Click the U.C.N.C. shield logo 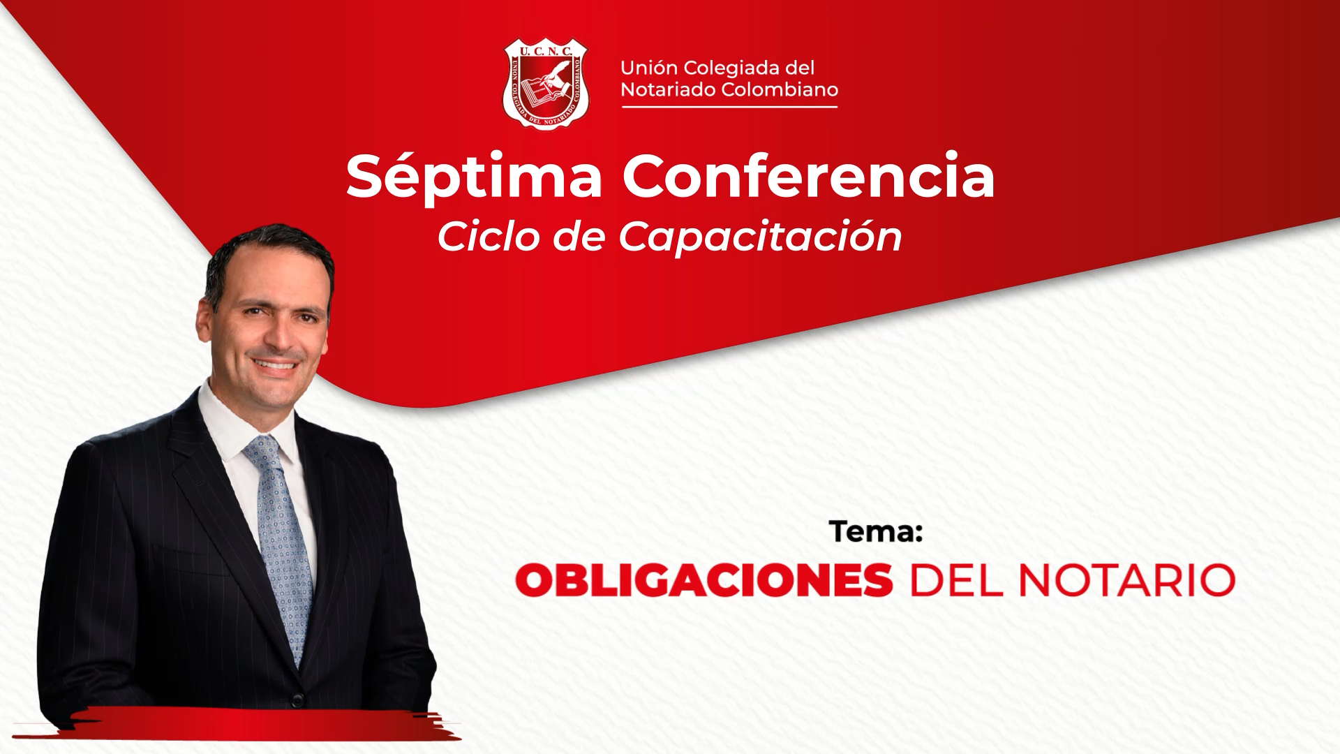pos(546,84)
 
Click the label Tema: pos(877,532)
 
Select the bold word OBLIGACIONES pos(704,580)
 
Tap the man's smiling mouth pos(275,365)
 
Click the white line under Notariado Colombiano pos(729,107)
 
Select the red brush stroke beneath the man pos(237,723)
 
